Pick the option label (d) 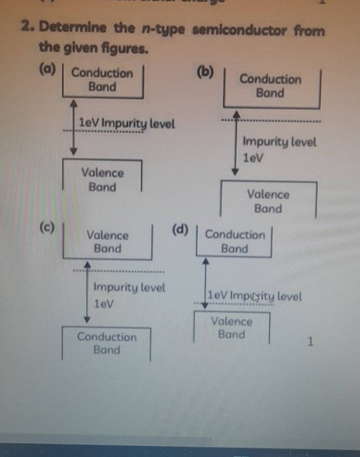[x=181, y=230]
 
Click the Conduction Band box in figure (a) [x=103, y=80]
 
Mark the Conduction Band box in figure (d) [x=234, y=242]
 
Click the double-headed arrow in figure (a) [x=73, y=128]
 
